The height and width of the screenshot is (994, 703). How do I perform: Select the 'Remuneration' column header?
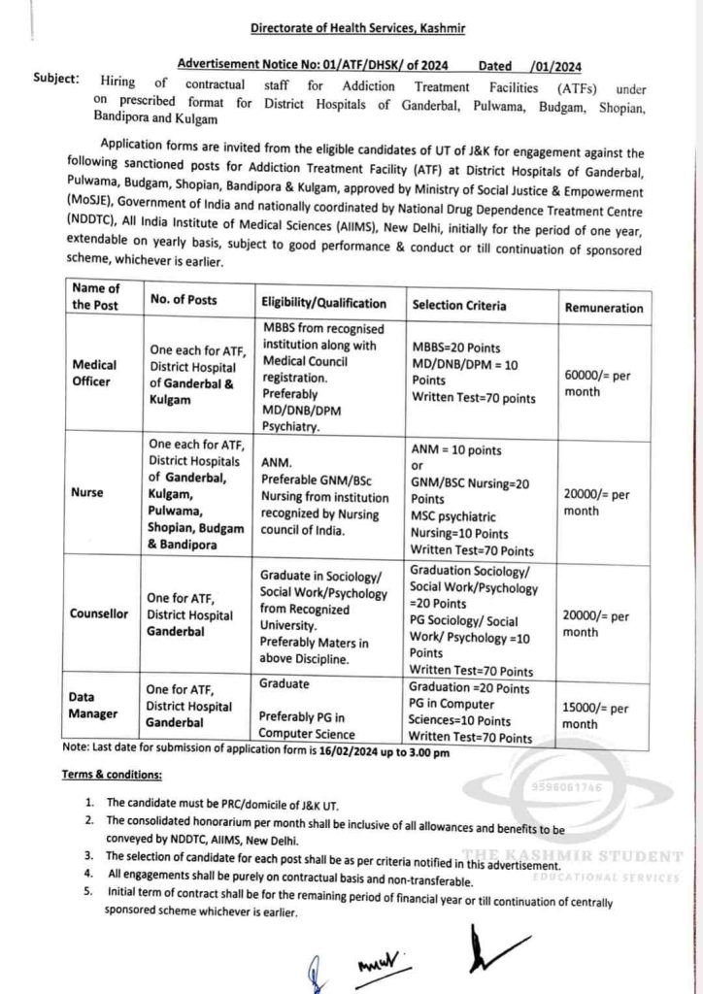tap(603, 308)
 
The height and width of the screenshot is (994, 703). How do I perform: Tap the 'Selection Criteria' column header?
tap(458, 305)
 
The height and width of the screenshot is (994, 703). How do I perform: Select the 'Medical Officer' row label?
tap(94, 373)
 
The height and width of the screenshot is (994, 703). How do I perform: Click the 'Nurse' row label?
tap(87, 491)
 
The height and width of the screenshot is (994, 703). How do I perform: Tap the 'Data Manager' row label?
tap(93, 705)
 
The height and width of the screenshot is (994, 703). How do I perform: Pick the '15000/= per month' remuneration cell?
tap(594, 715)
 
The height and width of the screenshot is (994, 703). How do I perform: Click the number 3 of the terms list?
tap(88, 855)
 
